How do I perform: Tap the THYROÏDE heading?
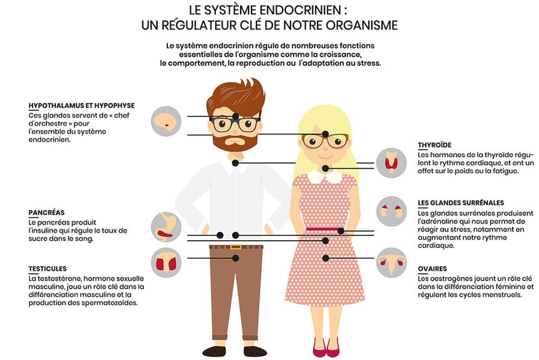pyautogui.click(x=434, y=145)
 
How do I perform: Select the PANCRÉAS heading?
pyautogui.click(x=46, y=213)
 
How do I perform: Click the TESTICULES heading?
pyautogui.click(x=48, y=268)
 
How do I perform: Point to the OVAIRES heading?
pyautogui.click(x=433, y=268)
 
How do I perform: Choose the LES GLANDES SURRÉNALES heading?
pyautogui.click(x=461, y=203)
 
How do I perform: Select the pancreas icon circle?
pyautogui.click(x=166, y=227)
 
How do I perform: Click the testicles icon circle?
pyautogui.click(x=166, y=262)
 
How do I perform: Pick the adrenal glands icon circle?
pyautogui.click(x=392, y=211)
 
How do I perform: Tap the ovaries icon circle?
pyautogui.click(x=392, y=262)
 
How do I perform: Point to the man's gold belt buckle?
pyautogui.click(x=235, y=246)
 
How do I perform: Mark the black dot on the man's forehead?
pyautogui.click(x=236, y=116)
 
